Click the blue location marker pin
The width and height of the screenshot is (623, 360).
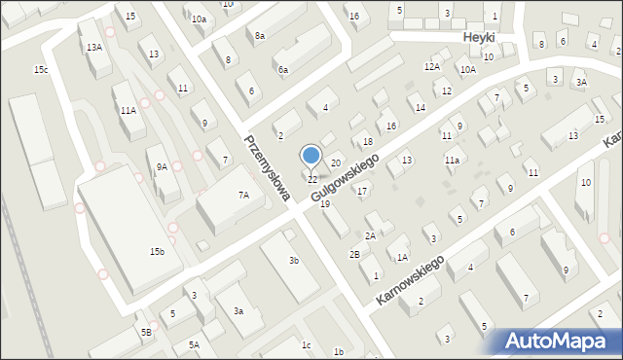pos(311,156)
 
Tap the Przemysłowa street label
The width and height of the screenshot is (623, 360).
pos(268,168)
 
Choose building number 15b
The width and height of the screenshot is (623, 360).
pos(157,252)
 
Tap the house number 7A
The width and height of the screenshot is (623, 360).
pos(244,196)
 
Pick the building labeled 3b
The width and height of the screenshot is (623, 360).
pos(293,260)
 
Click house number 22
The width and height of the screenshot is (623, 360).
pos(312,180)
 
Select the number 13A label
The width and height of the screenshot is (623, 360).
pos(94,47)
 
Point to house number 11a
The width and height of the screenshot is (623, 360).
pos(452,159)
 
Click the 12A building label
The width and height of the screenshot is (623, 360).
pos(432,66)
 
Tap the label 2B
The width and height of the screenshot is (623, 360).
pos(354,255)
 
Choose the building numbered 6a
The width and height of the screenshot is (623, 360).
pos(282,70)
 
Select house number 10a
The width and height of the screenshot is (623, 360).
pos(199,19)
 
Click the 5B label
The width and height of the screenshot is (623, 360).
pos(146,333)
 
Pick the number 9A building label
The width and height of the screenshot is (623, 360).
pos(162,167)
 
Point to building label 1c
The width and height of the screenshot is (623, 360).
pos(306,345)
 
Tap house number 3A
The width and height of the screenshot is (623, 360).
pos(581,83)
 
